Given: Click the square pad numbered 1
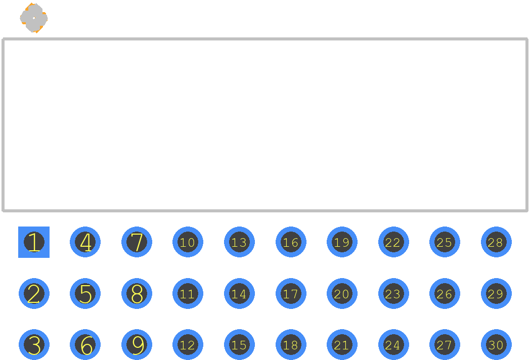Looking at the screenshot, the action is point(34,242).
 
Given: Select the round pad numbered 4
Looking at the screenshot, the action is point(85,242).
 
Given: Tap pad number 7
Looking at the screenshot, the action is point(137,242).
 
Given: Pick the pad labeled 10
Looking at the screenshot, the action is point(188,242).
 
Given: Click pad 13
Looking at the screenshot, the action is point(239,242).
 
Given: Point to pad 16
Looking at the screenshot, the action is point(291,242).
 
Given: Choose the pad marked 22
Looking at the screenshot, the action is point(393,242).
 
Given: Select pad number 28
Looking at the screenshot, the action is point(496,242).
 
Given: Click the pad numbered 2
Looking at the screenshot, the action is point(34,293).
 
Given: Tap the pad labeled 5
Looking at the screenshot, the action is point(85,293).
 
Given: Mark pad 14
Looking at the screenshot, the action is point(239,293).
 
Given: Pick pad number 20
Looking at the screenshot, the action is point(342,293).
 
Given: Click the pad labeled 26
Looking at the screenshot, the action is point(445,293).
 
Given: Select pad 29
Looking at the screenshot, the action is point(496,293).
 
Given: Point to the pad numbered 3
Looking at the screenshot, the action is point(34,345).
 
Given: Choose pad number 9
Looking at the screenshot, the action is point(137,345).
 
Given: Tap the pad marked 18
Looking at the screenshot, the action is point(291,345).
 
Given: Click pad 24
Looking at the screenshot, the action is point(393,345).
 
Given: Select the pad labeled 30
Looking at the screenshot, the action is point(496,345).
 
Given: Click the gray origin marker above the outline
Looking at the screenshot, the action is point(34,18).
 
